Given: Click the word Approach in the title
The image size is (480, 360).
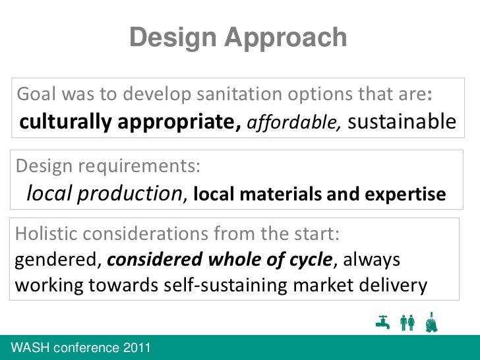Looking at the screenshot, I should pos(285,39).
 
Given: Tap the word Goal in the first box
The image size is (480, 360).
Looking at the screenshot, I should pos(36,95).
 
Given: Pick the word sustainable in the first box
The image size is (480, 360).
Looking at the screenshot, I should pos(401,122).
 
